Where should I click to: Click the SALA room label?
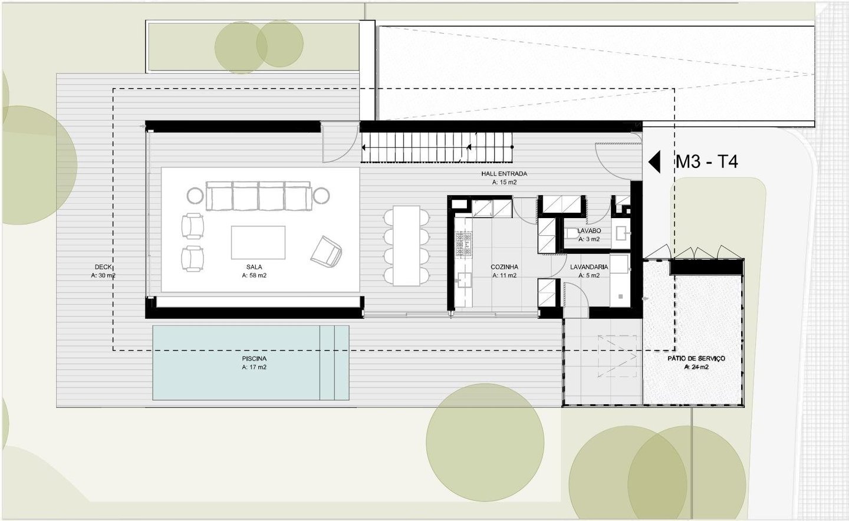click(x=254, y=267)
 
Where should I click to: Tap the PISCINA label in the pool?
click(x=254, y=358)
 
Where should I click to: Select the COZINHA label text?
click(x=504, y=267)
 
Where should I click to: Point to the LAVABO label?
click(x=589, y=230)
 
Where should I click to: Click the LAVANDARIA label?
click(x=589, y=267)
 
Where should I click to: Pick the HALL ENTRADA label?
click(x=504, y=174)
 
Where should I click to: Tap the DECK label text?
click(x=103, y=267)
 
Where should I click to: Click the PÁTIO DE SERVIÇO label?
click(x=696, y=358)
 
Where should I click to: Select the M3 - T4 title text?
click(x=707, y=162)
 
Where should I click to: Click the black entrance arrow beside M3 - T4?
click(x=655, y=162)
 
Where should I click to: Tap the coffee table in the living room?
click(x=258, y=242)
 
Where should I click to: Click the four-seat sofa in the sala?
click(x=258, y=196)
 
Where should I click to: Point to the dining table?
click(x=406, y=246)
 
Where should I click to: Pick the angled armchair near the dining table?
click(x=326, y=252)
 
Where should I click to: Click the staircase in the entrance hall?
click(x=436, y=147)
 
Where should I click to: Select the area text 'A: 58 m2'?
click(x=254, y=275)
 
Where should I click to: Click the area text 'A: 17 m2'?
click(x=254, y=367)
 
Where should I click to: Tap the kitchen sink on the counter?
click(x=464, y=281)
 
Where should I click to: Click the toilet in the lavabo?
click(x=571, y=234)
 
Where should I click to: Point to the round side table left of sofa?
click(x=196, y=196)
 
